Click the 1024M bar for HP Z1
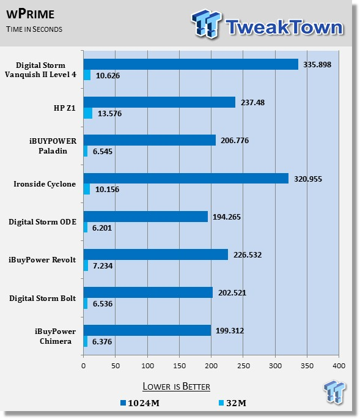pos(160,102)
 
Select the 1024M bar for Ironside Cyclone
pos(186,178)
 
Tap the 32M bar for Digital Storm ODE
pos(86,228)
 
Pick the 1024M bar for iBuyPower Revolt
pos(156,254)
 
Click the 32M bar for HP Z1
pos(88,113)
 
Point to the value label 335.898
pos(317,64)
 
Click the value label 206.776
pos(235,140)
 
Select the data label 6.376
pos(102,341)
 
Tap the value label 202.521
pos(232,292)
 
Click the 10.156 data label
pos(107,189)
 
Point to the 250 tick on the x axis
pos(243,366)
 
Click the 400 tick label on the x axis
pos(339,366)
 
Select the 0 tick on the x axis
pos(84,366)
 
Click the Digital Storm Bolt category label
pos(42,298)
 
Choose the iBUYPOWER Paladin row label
pos(53,146)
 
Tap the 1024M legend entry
pos(140,403)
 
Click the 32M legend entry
pos(232,403)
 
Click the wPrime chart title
pos(30,14)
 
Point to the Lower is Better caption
pos(176,387)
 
